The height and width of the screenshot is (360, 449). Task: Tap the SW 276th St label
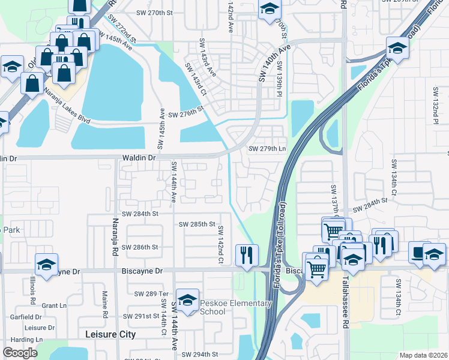[x=186, y=114]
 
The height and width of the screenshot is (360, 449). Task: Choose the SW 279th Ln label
[x=267, y=149]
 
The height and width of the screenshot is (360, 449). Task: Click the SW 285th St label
[x=197, y=224]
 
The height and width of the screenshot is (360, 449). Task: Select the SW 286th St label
[x=139, y=247]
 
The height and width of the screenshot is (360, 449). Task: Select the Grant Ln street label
[x=54, y=305]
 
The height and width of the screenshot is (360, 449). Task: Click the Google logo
[x=20, y=353]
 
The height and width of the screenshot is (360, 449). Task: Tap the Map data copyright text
[x=423, y=355]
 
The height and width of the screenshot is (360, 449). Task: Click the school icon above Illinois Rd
[x=46, y=264]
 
